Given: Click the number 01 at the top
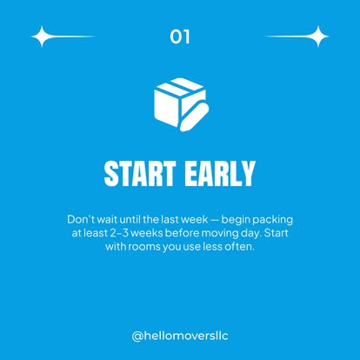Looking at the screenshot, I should [x=180, y=37].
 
